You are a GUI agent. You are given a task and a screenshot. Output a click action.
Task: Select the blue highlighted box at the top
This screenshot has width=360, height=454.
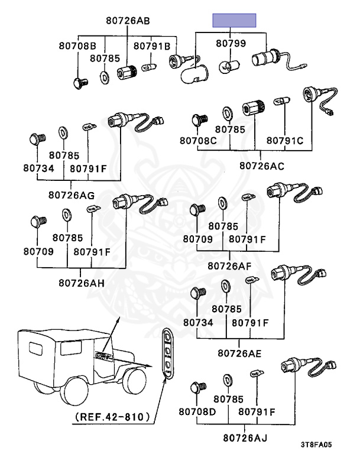[x=235, y=21]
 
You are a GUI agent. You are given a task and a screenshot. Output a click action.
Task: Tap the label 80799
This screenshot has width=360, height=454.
[x=230, y=43]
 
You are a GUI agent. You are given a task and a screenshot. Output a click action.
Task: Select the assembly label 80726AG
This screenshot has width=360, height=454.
[x=71, y=194]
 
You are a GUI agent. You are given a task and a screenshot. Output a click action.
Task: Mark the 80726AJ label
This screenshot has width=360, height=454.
[x=245, y=438]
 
